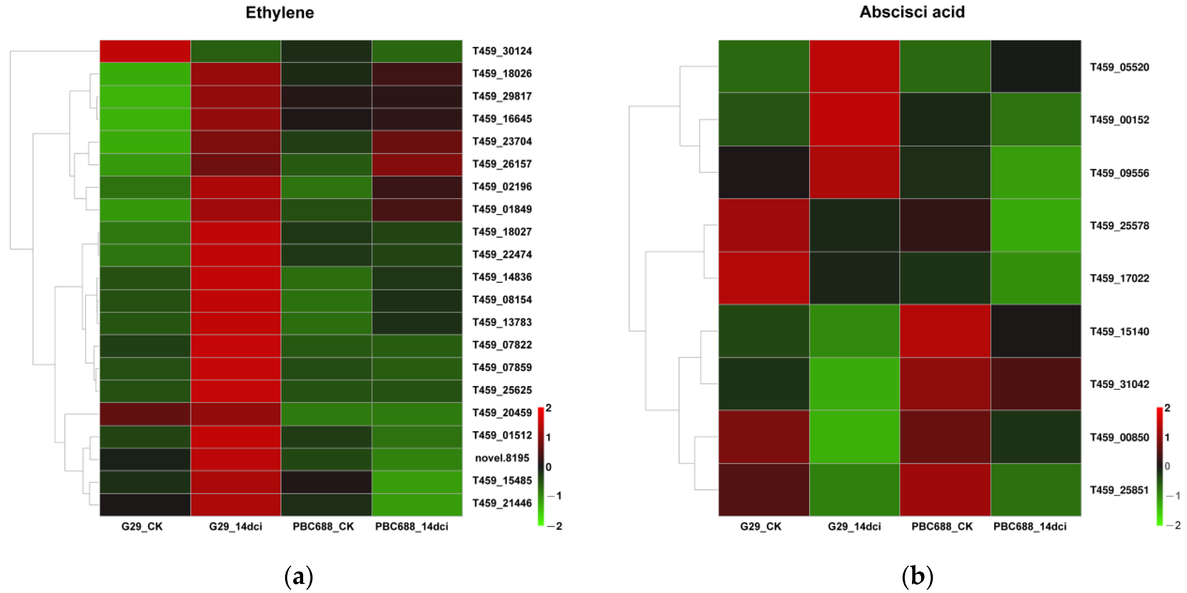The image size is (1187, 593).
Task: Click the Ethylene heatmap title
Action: coord(280,13)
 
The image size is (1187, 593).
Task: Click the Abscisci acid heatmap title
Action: coord(912,12)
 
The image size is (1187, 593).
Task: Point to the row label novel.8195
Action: coord(502,458)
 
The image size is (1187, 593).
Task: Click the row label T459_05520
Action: coord(1119,67)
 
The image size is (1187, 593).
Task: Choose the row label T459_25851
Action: coord(1119,490)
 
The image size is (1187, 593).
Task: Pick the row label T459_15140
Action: coord(1119,332)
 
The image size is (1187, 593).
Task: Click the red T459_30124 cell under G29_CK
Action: coord(145,51)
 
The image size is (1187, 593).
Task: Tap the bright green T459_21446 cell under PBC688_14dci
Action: coord(417,505)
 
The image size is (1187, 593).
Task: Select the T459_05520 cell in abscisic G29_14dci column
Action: coord(854,66)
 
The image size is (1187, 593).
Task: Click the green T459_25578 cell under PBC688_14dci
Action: coord(1036,225)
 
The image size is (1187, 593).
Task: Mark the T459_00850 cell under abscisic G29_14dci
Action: coord(854,437)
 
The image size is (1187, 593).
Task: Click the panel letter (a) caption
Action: coord(298,576)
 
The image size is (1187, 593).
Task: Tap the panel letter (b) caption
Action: coord(917,576)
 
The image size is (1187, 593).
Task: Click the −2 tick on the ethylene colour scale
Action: coord(555,526)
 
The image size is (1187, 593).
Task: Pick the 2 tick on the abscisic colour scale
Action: coord(1167,408)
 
